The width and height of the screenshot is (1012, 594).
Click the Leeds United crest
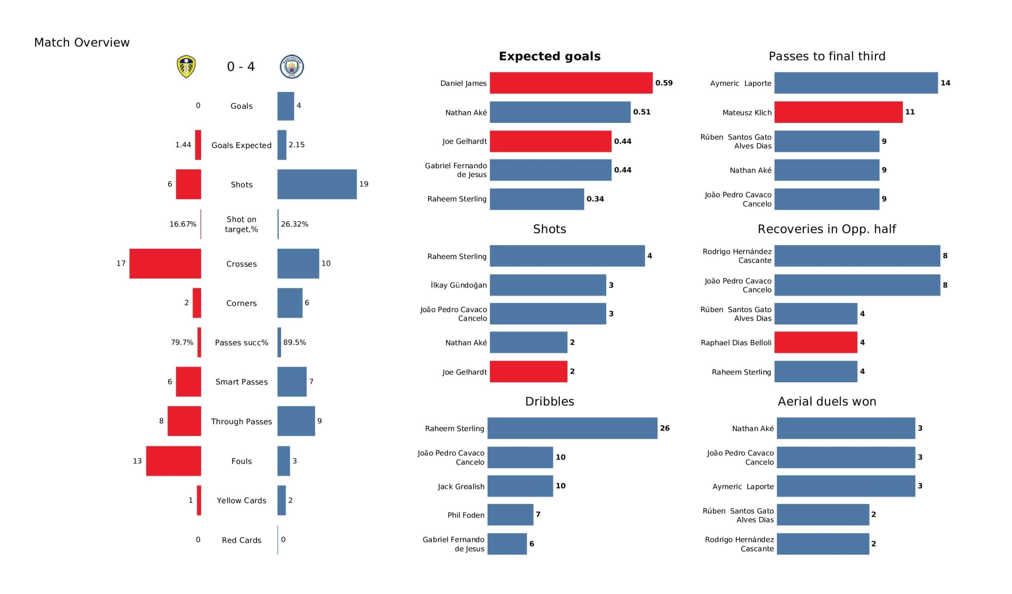pos(186,67)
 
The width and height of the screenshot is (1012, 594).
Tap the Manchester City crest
pos(292,67)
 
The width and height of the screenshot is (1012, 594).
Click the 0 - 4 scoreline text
pos(241,67)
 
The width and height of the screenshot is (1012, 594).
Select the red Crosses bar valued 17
pos(165,264)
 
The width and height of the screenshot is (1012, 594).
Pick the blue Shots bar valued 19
pos(317,184)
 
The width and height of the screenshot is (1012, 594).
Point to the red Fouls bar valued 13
pos(174,461)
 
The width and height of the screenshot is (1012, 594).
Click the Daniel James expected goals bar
pos(571,83)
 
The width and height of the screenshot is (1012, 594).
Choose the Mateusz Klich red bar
pos(838,113)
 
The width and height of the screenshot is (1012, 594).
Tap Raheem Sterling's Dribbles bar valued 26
pos(572,428)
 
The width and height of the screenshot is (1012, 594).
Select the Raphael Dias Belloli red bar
pos(816,342)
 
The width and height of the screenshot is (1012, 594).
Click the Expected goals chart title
pos(549,56)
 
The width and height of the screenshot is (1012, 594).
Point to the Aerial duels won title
pos(827,402)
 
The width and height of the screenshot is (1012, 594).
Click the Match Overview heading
pos(82,43)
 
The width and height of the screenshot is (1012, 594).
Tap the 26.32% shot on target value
pos(295,224)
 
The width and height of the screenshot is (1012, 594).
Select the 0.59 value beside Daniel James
pos(664,83)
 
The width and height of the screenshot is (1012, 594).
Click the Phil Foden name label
pos(466,515)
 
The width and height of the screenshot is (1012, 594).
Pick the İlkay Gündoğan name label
pos(459,285)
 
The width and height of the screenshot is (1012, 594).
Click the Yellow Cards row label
pos(242,500)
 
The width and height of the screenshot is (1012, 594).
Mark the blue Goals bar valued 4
pos(285,106)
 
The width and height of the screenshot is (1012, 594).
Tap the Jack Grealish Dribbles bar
pos(520,486)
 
